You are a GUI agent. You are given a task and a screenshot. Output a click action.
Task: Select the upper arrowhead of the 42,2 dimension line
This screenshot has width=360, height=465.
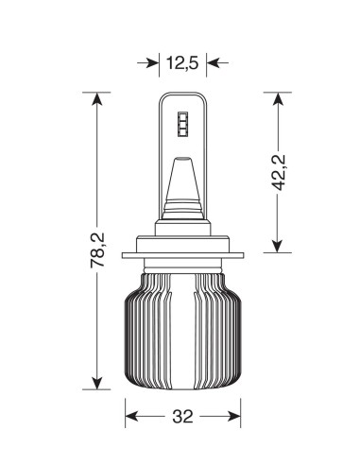[277, 99]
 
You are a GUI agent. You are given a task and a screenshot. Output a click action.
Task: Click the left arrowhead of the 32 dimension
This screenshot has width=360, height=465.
[132, 416]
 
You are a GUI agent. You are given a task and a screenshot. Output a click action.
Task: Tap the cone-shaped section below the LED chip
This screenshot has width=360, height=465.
[182, 184]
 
